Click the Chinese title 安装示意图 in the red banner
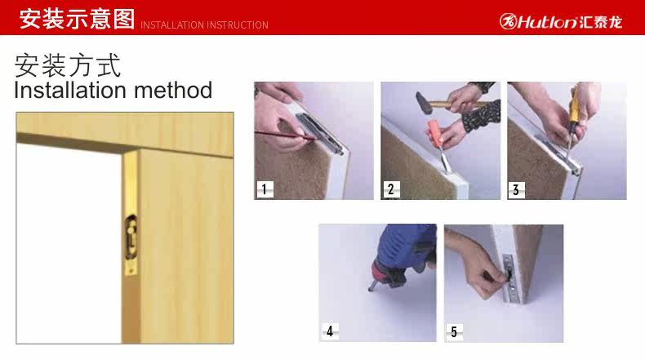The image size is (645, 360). pos(77,19)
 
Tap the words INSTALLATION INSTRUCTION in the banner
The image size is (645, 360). pos(204,25)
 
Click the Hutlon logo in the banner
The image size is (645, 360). pos(561,21)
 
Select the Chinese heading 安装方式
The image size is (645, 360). pos(68,65)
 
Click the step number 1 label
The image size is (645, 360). pos(265,189)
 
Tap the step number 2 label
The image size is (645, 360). pos(391,189)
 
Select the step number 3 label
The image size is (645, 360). pos(516,190)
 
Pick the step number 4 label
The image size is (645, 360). pos(330,331)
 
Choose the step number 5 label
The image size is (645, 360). pos(454,331)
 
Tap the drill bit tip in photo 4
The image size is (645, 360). pos(370,289)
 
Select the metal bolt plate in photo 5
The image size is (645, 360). pos(509,278)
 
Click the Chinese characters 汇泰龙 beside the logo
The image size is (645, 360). pos(601,22)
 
